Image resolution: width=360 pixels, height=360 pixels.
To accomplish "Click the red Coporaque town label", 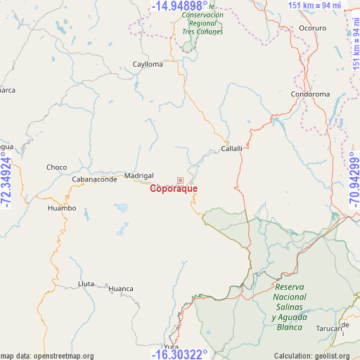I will pos(174,188).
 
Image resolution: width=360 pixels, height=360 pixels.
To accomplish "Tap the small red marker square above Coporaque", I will pos(180,180).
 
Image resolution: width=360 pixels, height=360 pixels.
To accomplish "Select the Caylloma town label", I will pos(148,64).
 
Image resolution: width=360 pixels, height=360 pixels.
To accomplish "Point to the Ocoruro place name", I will pos(313,29).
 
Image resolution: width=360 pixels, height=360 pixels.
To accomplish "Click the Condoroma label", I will pos(310,94).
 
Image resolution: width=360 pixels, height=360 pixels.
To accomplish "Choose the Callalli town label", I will pos(231,148).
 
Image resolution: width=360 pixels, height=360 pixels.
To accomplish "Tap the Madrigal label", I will pos(139,175).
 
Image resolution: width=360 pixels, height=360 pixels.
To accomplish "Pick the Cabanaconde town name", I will pos(94,179).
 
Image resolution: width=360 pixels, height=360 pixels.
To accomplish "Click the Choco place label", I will pos(56,167).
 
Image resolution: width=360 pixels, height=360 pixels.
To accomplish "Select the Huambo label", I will pos(61,208).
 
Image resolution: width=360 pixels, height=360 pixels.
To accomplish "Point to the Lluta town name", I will pos(86,284).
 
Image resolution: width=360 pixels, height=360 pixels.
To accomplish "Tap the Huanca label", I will pos(121,288).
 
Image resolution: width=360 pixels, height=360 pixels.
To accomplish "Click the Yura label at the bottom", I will pos(171,347).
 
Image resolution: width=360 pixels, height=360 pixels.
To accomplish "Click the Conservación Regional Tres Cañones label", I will pos(202,23).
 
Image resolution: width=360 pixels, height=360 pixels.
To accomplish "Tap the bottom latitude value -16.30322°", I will pos(179,354).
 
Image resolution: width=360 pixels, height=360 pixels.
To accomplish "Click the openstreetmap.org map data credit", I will pos(47,356).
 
